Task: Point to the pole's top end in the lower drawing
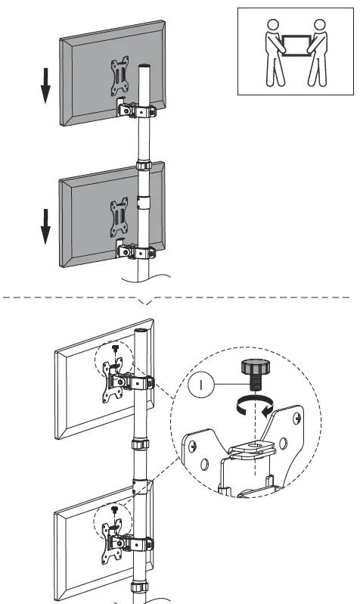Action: [x=140, y=332]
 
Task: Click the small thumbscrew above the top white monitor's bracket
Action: [x=114, y=349]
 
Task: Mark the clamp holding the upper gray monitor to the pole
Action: [x=138, y=111]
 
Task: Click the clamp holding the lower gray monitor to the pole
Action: [x=138, y=251]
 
